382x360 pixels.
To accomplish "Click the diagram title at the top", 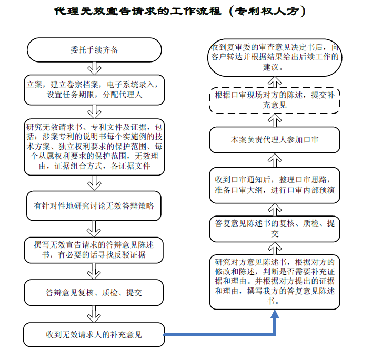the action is [x=180, y=11].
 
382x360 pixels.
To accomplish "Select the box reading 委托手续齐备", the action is [x=94, y=50].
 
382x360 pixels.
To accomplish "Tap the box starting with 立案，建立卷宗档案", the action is [x=94, y=90].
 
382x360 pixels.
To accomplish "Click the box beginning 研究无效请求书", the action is [x=94, y=147].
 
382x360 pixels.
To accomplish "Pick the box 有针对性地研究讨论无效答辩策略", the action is [x=94, y=206].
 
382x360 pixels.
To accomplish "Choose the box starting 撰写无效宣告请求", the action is [x=94, y=250].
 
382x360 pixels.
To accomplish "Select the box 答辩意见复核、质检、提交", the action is [x=94, y=292].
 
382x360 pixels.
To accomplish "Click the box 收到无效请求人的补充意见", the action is [x=94, y=335].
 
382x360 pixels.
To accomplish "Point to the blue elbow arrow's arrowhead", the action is [x=275, y=314].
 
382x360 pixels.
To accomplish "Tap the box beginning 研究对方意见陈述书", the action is [x=275, y=282].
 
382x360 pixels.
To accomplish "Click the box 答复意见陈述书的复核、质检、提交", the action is [x=275, y=229].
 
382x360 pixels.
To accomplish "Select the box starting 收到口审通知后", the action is [x=275, y=185].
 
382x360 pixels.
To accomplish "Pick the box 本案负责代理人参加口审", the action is [x=275, y=140].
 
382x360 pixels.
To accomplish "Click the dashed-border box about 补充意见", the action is [x=275, y=100].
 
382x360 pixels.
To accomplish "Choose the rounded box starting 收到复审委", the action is [x=275, y=57].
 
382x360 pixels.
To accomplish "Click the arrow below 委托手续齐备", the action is [x=94, y=68].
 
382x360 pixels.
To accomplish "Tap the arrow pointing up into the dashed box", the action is [x=275, y=120].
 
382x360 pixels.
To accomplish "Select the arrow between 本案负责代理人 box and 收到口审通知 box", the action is [x=275, y=160].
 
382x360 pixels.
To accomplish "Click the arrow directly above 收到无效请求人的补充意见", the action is [x=94, y=314].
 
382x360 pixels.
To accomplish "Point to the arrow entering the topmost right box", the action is [x=275, y=82].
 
